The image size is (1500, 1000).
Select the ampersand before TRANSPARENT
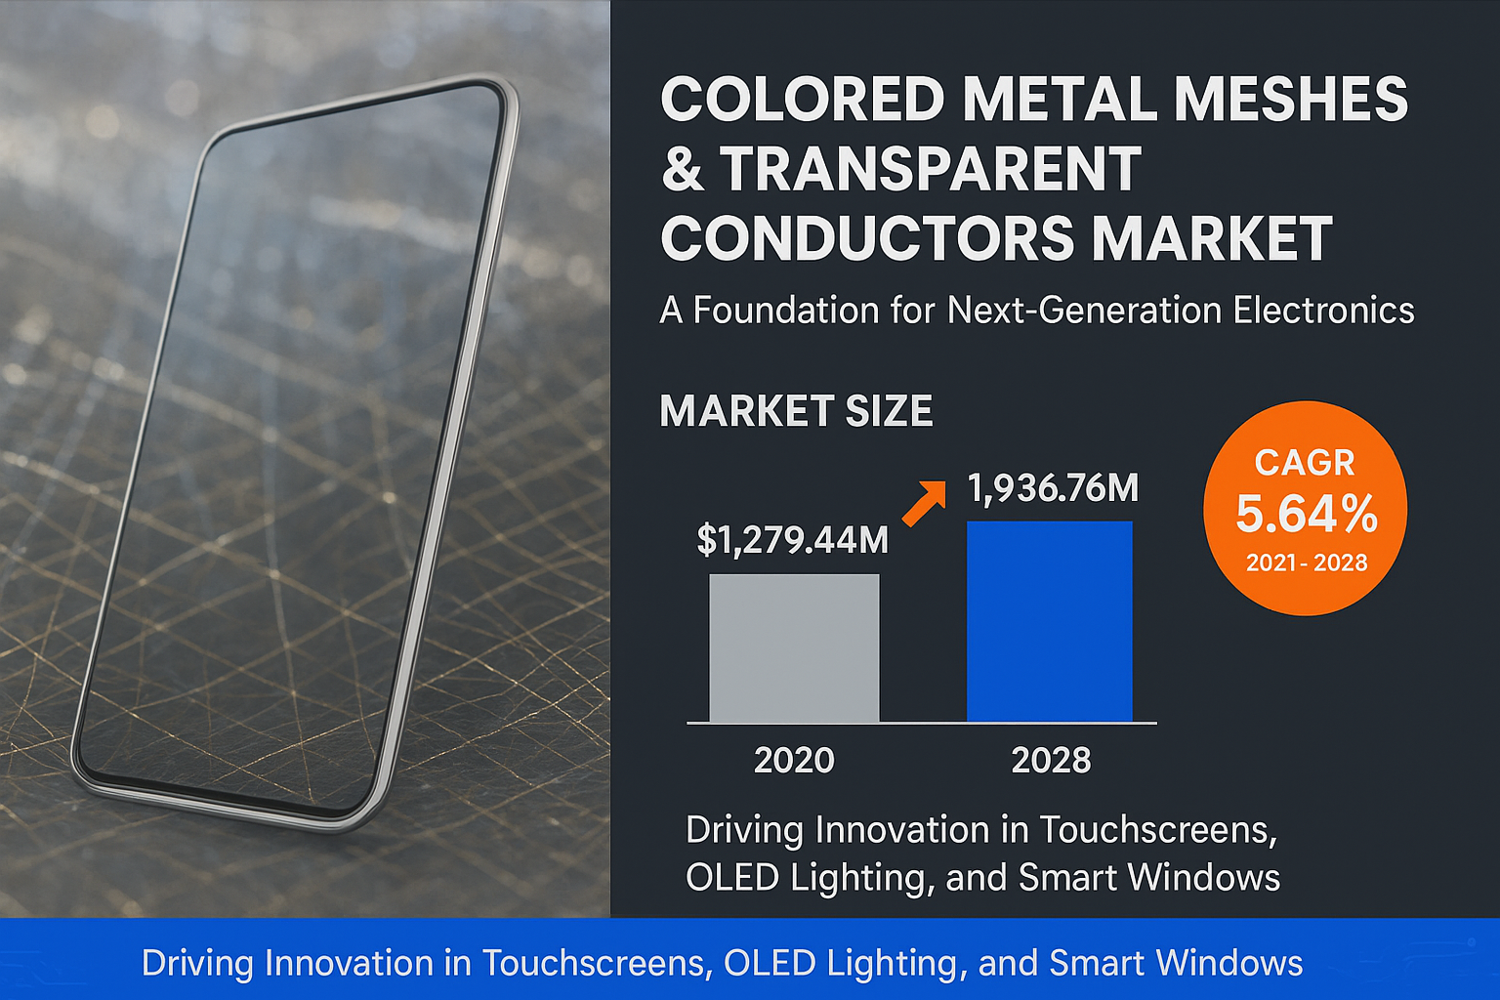click(x=682, y=169)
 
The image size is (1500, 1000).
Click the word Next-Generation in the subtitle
click(x=1083, y=311)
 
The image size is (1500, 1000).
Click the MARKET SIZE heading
click(x=796, y=411)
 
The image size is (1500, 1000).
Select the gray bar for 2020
click(x=794, y=648)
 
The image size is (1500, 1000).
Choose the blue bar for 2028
click(x=1049, y=622)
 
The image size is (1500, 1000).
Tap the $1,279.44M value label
click(x=792, y=539)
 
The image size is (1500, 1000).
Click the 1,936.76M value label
click(x=1053, y=487)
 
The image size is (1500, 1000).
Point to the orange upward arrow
click(x=924, y=503)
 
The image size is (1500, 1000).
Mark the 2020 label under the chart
click(x=794, y=760)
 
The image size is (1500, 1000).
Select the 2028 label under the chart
click(x=1051, y=760)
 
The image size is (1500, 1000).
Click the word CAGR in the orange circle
click(x=1305, y=462)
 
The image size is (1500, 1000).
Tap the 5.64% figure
click(x=1306, y=514)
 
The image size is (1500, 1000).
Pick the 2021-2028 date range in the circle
click(x=1306, y=562)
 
